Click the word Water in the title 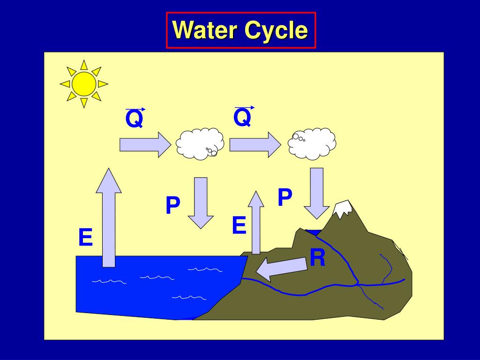(205, 30)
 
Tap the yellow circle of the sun (84, 84)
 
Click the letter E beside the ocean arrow (85, 237)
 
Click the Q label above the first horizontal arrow (135, 119)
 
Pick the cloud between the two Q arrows (200, 143)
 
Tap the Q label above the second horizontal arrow (243, 117)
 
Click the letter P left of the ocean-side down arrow (172, 206)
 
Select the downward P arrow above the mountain (317, 193)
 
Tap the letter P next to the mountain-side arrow (285, 197)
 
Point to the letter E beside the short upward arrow (239, 225)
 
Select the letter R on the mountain (317, 258)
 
